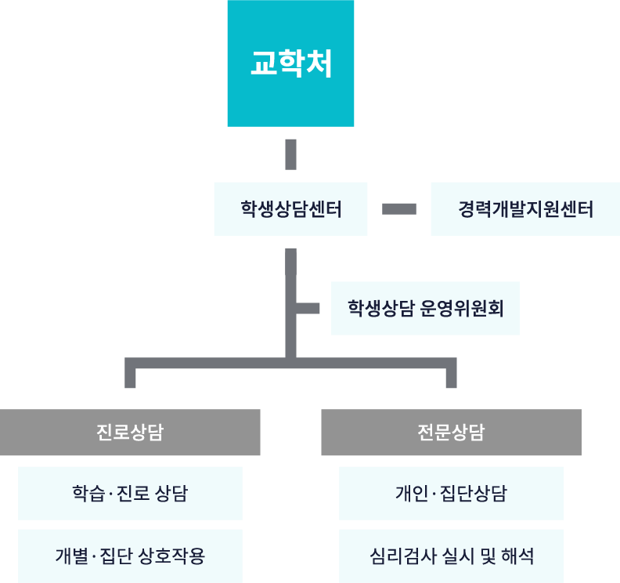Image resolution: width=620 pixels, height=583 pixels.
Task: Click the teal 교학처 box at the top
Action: click(x=290, y=63)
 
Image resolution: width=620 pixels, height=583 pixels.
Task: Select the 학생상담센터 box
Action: click(x=290, y=209)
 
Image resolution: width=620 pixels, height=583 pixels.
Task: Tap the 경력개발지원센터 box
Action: click(x=525, y=209)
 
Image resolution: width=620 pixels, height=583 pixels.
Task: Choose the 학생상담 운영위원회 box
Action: click(x=425, y=308)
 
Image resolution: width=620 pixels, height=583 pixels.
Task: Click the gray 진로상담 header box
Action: click(x=130, y=433)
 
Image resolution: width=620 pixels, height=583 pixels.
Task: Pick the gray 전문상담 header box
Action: click(x=451, y=433)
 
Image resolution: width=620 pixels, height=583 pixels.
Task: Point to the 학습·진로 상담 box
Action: click(x=130, y=494)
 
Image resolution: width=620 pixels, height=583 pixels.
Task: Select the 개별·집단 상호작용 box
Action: click(x=130, y=556)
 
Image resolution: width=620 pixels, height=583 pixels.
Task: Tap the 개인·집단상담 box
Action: click(x=451, y=494)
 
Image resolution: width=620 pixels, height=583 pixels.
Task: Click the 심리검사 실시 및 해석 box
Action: click(x=451, y=556)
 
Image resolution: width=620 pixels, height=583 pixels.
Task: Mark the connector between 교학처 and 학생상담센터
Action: click(x=290, y=154)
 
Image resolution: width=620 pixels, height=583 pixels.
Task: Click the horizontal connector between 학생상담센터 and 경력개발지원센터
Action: click(x=399, y=209)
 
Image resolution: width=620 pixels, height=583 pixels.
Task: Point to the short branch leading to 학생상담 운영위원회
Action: click(x=308, y=308)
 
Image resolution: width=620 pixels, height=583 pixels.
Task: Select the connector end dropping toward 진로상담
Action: click(x=130, y=377)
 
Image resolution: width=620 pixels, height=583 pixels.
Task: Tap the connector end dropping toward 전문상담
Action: click(x=451, y=377)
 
